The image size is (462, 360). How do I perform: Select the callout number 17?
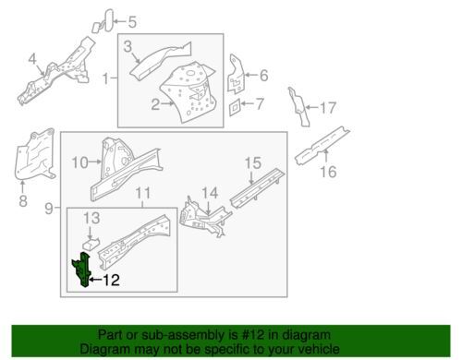(x=326, y=108)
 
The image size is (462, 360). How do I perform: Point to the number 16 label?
(x=326, y=171)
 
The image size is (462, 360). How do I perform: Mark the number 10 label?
(x=79, y=162)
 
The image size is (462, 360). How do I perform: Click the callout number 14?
(x=210, y=192)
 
